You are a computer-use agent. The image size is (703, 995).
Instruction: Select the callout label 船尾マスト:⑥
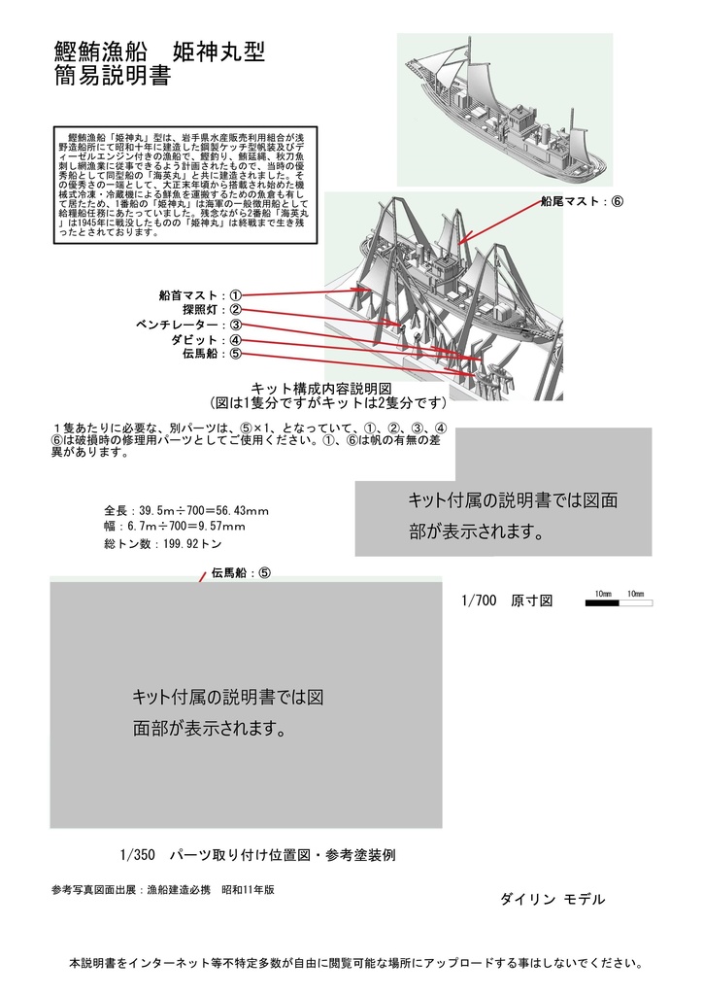(580, 201)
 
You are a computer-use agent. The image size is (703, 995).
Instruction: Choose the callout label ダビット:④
(206, 340)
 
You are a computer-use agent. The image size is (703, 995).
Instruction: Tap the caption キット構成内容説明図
(320, 387)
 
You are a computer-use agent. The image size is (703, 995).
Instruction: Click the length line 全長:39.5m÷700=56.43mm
(186, 511)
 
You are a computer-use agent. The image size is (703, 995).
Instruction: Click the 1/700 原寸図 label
(507, 601)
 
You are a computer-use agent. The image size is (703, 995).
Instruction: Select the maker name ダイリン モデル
(552, 900)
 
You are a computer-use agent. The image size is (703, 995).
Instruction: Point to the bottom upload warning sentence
(355, 964)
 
